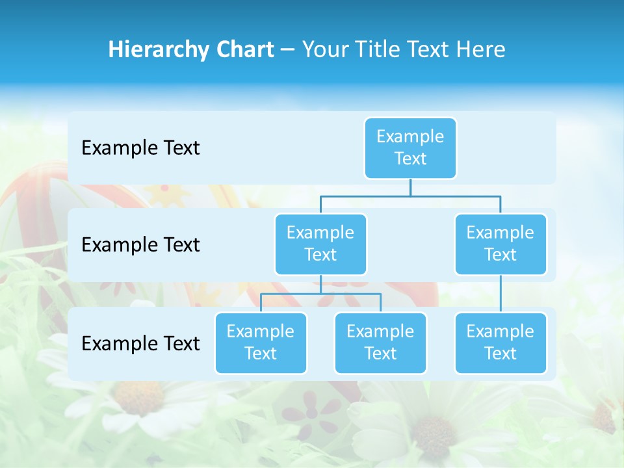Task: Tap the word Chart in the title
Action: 243,49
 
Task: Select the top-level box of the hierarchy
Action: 410,148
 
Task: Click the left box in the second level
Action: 320,244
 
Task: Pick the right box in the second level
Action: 500,244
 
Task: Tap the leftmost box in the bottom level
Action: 261,343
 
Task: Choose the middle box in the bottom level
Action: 380,343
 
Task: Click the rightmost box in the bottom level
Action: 500,343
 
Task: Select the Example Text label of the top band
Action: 140,148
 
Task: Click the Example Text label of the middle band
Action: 140,245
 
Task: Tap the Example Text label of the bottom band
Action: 140,343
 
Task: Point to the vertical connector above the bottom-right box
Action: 500,294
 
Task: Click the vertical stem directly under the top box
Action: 410,187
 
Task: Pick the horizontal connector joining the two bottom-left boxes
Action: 320,294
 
